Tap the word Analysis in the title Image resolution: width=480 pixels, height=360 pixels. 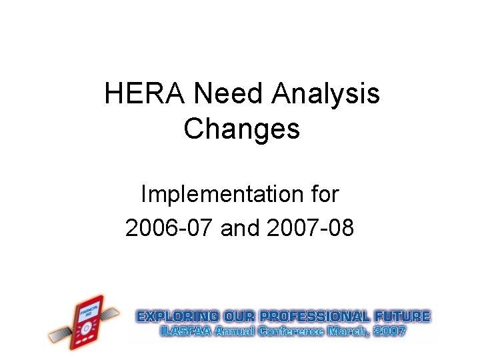point(326,94)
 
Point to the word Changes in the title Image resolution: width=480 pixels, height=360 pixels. point(241,128)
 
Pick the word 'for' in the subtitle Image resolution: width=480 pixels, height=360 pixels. point(324,195)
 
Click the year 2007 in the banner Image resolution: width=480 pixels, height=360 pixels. point(391,331)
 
